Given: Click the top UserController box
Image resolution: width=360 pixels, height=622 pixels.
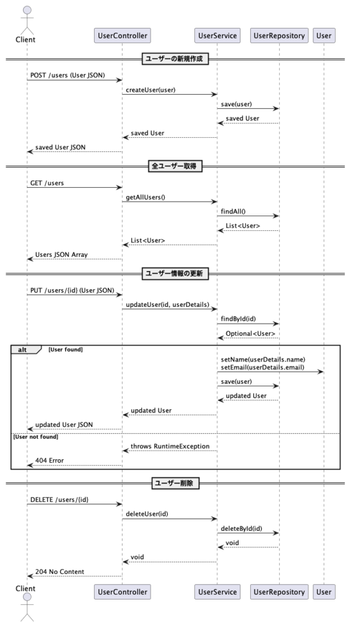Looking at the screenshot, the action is coord(123,36).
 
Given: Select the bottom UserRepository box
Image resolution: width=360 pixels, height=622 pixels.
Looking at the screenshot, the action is coord(279,592).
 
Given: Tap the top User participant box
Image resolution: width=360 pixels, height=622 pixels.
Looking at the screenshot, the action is coord(324,36).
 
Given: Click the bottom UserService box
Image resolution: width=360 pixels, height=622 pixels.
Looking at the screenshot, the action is coord(217,592).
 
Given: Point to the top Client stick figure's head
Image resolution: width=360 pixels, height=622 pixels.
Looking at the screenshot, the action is coord(27,10).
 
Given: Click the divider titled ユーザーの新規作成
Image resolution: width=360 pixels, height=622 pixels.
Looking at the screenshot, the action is coord(174,59).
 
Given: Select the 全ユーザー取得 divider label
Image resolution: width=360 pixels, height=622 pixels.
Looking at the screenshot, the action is coord(174,166).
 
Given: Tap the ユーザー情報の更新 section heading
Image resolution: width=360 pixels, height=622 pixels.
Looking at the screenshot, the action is coord(174,274).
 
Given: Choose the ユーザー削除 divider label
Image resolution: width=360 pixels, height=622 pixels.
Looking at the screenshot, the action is coord(174,483).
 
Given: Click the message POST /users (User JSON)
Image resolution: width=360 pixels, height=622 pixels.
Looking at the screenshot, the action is coord(68,75).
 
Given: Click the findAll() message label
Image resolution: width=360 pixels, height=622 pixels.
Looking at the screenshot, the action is coord(233,211).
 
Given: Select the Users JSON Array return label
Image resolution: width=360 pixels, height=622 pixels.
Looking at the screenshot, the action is coord(61,255).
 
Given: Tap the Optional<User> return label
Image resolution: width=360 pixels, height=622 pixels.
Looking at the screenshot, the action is coord(251,333).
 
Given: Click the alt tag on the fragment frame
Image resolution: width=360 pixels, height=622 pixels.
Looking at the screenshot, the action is coord(22,349).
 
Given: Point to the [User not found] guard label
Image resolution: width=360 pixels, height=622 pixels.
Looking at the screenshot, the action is coord(36,437).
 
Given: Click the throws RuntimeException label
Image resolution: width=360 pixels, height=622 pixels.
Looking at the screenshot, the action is coord(170,446).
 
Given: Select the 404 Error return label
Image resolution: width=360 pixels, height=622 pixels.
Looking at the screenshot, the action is coord(50,460).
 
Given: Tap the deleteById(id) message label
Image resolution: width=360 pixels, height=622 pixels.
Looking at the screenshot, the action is coord(242,529).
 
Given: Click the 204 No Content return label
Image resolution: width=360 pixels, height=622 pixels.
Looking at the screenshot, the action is coord(60,572).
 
